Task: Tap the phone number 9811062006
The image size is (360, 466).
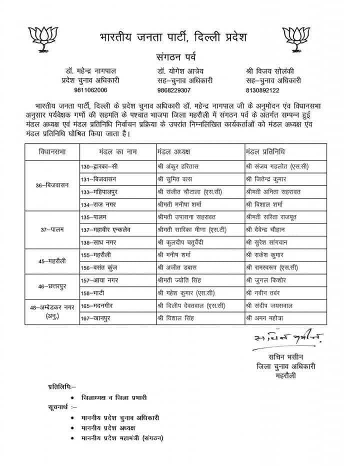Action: [89, 90]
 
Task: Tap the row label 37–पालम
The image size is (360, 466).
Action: [51, 229]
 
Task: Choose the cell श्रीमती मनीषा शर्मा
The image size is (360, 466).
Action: [179, 204]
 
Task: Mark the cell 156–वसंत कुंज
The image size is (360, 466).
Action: [102, 267]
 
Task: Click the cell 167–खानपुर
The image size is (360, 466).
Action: [98, 317]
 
